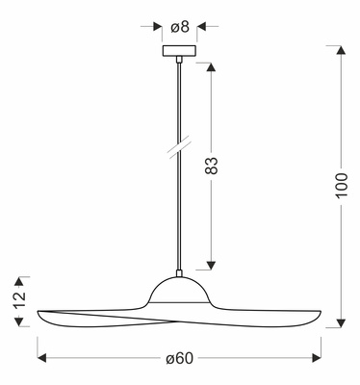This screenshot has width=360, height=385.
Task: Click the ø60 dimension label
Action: pos(179,358)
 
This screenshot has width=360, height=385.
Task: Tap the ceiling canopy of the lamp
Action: pos(180,51)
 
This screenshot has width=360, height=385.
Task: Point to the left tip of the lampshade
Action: pos(39,317)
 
